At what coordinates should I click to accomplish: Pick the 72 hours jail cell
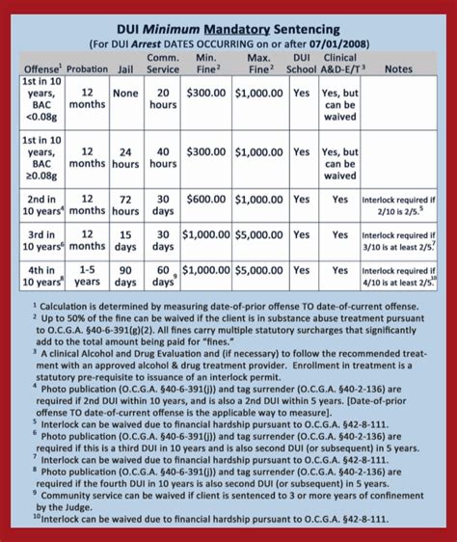125,203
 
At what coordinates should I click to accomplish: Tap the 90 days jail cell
125,277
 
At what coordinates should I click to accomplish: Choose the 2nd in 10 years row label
42,203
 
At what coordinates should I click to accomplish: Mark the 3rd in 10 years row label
42,240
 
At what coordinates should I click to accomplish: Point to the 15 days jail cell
125,240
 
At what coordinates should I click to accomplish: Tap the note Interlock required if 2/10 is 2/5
398,204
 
